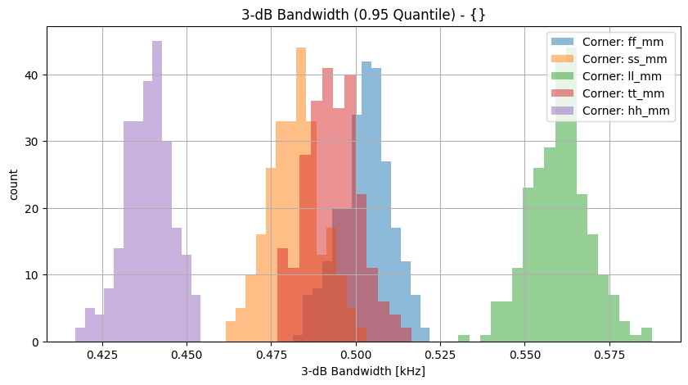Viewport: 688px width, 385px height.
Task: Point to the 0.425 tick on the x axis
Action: coord(102,355)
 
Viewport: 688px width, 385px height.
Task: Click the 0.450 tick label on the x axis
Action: coord(187,355)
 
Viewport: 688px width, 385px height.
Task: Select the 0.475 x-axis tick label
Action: coord(272,355)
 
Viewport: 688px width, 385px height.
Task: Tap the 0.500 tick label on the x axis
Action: coord(356,355)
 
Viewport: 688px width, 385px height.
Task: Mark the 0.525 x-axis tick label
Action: coord(441,355)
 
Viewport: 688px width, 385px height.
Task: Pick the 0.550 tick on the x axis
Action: coord(525,355)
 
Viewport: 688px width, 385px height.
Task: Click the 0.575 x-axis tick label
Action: coord(610,355)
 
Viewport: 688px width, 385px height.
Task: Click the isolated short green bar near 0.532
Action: coord(464,338)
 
